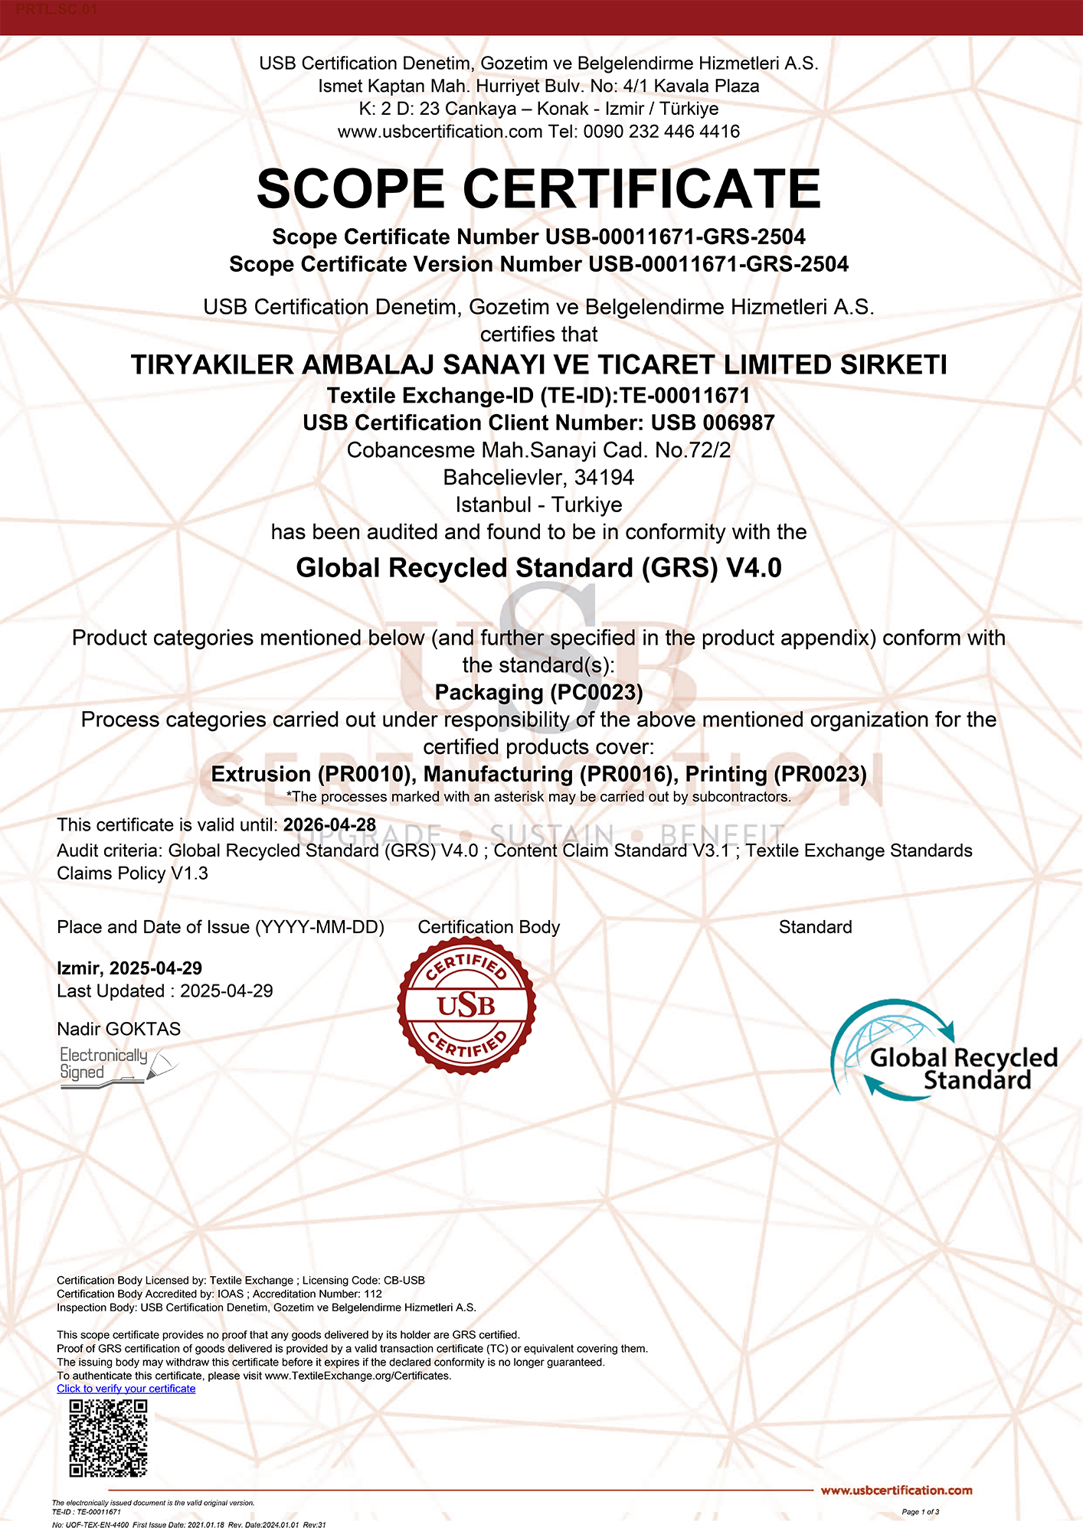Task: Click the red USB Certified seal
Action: [466, 1006]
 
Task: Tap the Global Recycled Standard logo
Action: [944, 1050]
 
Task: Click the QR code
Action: [108, 1438]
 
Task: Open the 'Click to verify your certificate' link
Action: [126, 1389]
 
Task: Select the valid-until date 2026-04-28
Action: [329, 825]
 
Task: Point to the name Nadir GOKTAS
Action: [119, 1029]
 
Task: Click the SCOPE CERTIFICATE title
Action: [538, 189]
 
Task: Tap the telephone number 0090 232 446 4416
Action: [661, 132]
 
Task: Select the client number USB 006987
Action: [712, 423]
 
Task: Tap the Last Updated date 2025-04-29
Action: [226, 991]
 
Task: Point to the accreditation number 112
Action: [373, 1294]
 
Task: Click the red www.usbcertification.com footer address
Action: [896, 1490]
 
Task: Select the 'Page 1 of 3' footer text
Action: [920, 1512]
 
